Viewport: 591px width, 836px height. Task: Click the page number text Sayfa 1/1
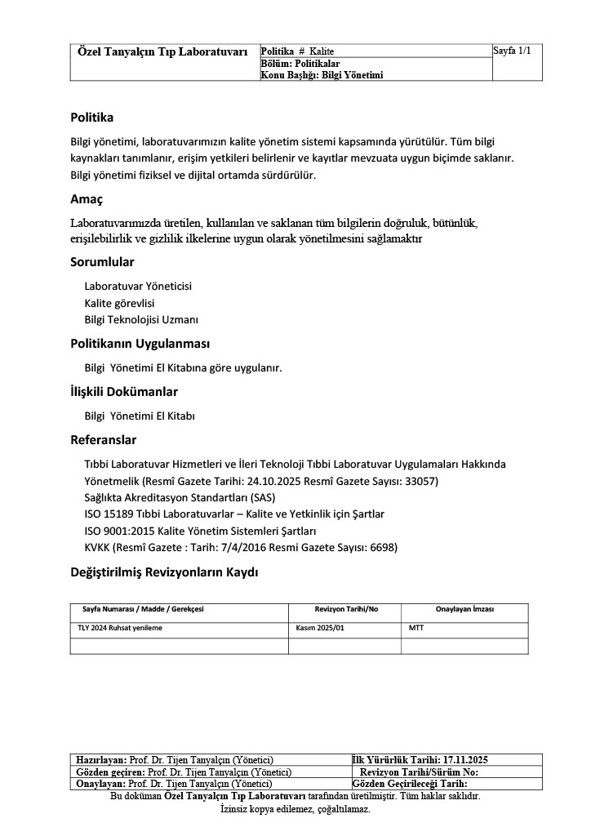point(513,51)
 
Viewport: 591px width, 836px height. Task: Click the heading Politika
point(91,118)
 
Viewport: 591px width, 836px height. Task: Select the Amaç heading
point(87,199)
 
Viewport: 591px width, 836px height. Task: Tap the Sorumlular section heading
point(102,262)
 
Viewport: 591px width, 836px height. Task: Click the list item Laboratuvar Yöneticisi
point(139,286)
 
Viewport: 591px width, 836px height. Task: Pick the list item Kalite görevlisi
point(119,303)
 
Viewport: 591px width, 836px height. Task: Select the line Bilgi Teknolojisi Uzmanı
point(141,319)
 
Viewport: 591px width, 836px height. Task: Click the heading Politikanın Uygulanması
point(140,344)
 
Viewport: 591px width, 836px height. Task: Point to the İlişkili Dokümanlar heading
point(124,392)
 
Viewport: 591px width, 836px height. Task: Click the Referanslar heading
point(103,440)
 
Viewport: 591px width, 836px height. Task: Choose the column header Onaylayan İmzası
point(464,609)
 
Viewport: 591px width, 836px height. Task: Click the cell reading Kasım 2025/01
point(321,629)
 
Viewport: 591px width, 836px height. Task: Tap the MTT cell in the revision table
point(416,629)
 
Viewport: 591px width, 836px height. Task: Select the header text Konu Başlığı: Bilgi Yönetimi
point(322,74)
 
